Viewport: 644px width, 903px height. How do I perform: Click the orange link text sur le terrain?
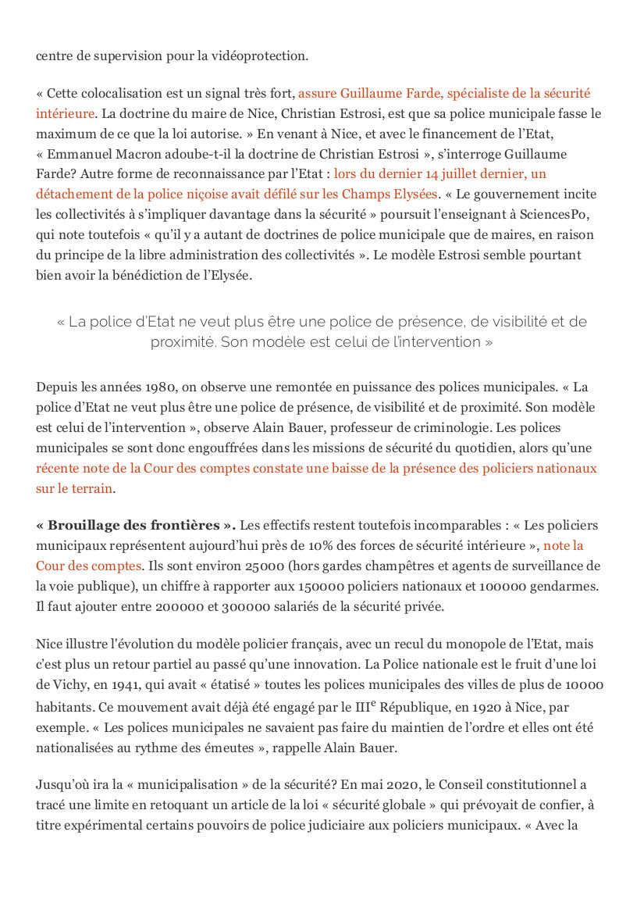pyautogui.click(x=74, y=489)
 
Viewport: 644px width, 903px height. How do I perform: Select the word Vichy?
pyautogui.click(x=67, y=685)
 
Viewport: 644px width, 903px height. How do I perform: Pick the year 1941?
pyautogui.click(x=130, y=685)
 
